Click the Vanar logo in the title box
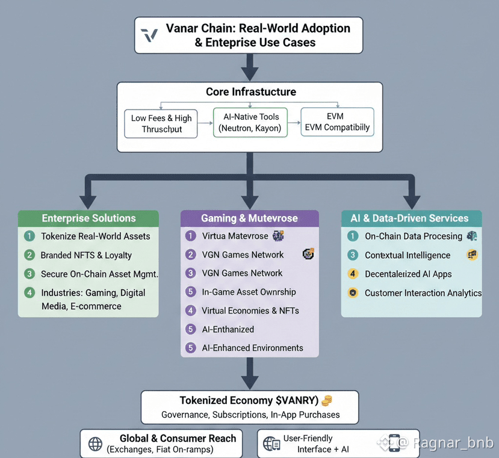click(149, 35)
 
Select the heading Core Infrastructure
click(251, 92)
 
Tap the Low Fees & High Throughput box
click(161, 123)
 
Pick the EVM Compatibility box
click(337, 122)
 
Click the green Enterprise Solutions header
click(88, 218)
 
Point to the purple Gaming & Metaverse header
click(249, 218)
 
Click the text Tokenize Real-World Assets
click(95, 236)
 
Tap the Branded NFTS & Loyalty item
click(86, 255)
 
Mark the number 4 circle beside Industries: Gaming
click(29, 293)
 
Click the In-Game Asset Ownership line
click(249, 292)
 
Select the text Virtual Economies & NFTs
click(250, 311)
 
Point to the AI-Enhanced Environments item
click(252, 348)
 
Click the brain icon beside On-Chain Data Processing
click(471, 237)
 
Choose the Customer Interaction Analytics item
click(423, 293)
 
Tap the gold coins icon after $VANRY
click(327, 400)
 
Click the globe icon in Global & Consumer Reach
click(95, 444)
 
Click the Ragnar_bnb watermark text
click(453, 443)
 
